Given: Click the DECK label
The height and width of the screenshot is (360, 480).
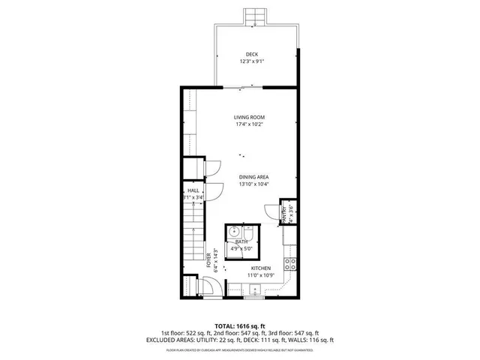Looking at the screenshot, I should [x=251, y=53].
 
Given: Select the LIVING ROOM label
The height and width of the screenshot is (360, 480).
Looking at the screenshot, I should [x=249, y=117].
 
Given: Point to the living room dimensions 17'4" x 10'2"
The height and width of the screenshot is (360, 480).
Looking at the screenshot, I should [x=249, y=124].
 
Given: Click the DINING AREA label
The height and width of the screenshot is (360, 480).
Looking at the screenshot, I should [x=253, y=176].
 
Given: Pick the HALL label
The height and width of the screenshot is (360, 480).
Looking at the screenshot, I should [x=193, y=191].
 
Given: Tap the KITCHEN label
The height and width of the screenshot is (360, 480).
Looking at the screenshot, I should [x=260, y=268].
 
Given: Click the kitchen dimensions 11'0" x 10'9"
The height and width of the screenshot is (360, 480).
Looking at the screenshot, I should [x=260, y=276].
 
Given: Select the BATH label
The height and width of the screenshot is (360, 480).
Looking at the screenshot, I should [x=241, y=241].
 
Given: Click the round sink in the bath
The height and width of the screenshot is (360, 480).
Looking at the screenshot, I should [x=234, y=231].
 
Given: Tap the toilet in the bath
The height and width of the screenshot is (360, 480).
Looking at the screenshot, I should [x=252, y=232].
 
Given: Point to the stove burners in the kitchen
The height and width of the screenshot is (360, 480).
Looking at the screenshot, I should [x=289, y=263].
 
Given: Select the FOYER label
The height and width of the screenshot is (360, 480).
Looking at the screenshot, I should [x=208, y=259].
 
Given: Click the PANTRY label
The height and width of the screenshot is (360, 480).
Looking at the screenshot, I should [x=284, y=214].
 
